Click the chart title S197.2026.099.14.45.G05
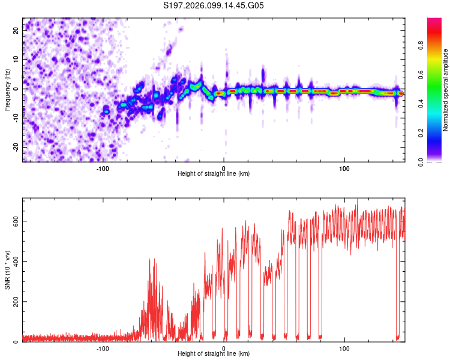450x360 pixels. [x=214, y=5]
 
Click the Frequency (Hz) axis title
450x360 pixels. [x=7, y=89]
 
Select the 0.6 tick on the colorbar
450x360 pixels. [x=437, y=73]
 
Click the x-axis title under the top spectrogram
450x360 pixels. [x=214, y=174]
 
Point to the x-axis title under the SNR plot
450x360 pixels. [x=214, y=354]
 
